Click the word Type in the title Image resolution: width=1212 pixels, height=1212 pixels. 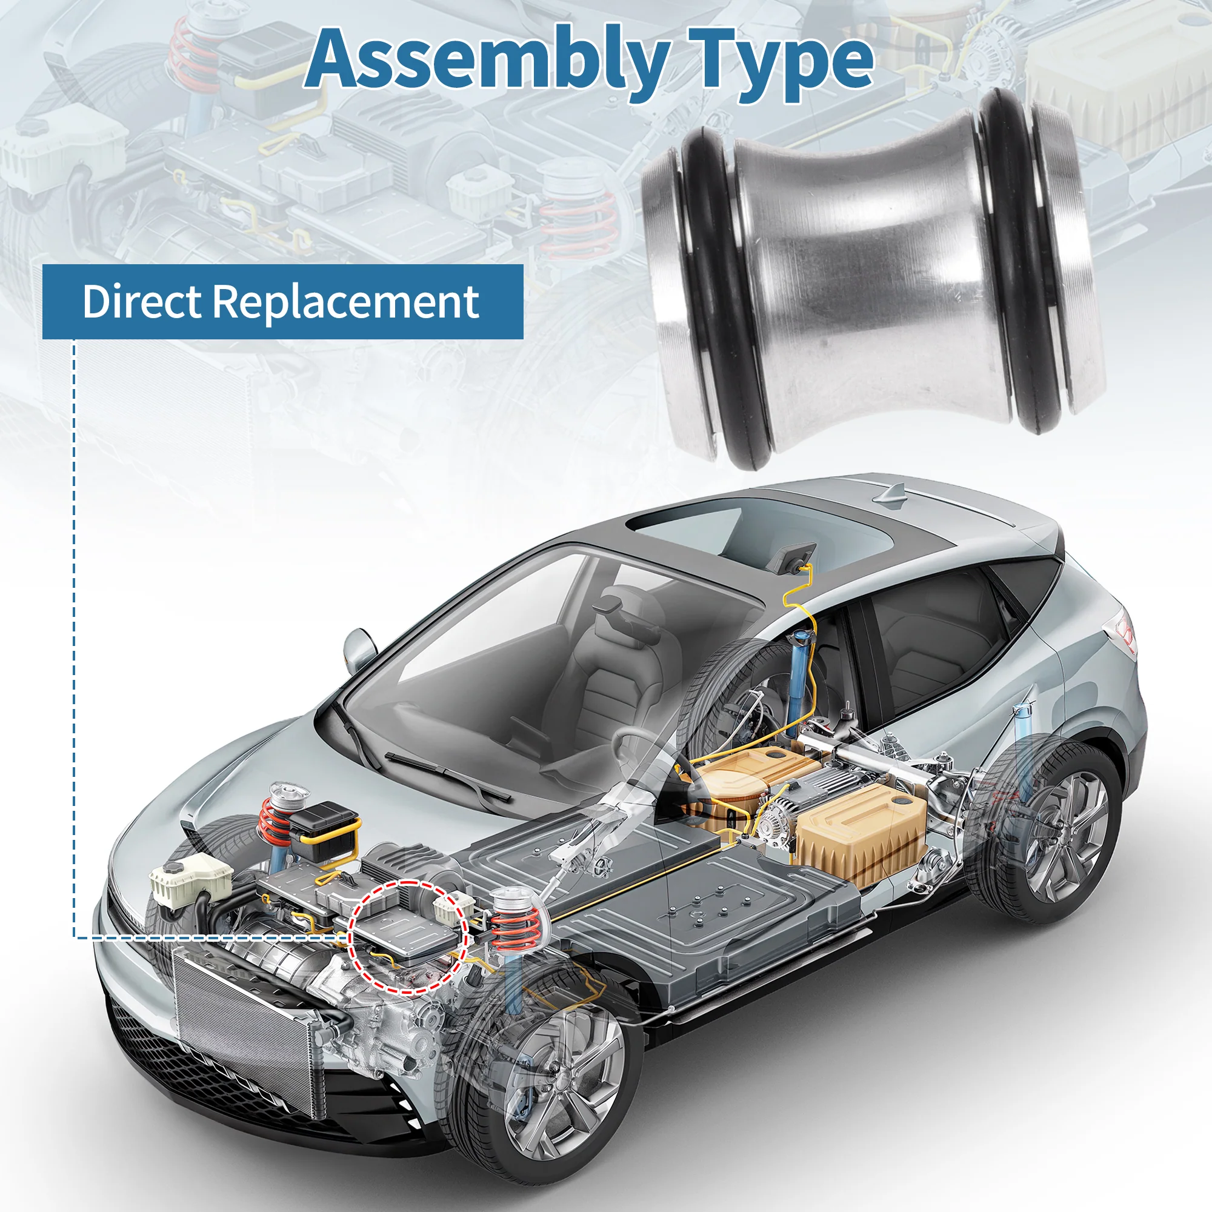click(x=781, y=63)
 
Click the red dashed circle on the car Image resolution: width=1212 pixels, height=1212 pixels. click(x=408, y=937)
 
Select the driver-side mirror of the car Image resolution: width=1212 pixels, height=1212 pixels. click(x=359, y=646)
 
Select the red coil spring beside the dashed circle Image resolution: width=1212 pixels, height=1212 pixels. click(x=514, y=928)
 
